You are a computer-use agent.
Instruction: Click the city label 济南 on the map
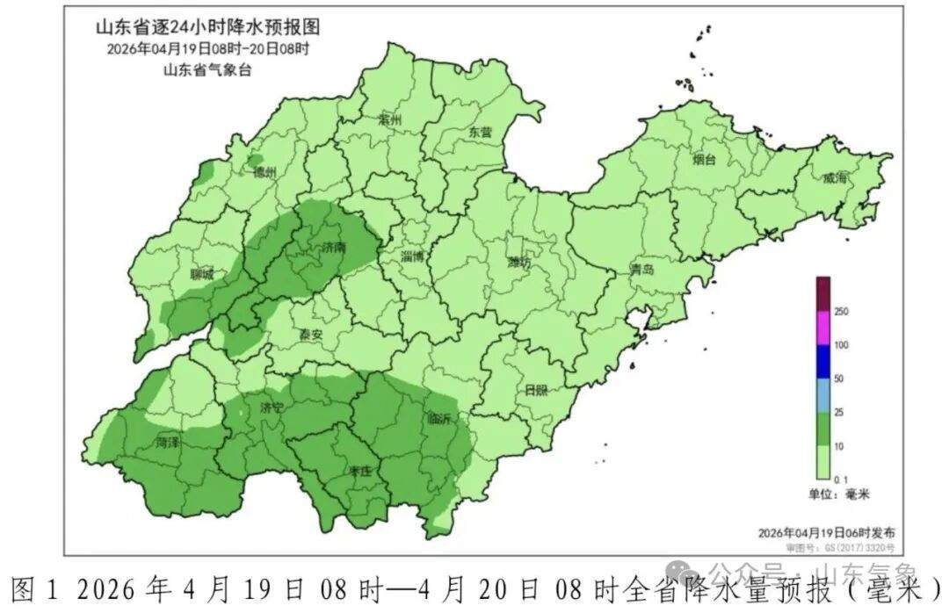tap(334, 249)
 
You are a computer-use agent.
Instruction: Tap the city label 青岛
tap(641, 270)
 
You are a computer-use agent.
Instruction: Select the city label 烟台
tap(704, 160)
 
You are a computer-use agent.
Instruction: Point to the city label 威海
tap(834, 178)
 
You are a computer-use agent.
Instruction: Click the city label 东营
tap(481, 133)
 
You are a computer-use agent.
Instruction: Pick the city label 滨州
tap(388, 119)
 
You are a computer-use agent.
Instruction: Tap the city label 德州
tap(264, 173)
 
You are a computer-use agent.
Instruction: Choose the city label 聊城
tap(202, 275)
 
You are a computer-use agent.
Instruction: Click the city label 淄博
tap(412, 257)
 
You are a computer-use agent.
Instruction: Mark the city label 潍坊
tap(519, 263)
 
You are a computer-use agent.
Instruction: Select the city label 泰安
tap(309, 335)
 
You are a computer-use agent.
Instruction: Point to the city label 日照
tap(536, 389)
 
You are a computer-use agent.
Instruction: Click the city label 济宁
tap(272, 408)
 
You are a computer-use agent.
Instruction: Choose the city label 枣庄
tap(360, 472)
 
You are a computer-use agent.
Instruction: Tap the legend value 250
tap(841, 312)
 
